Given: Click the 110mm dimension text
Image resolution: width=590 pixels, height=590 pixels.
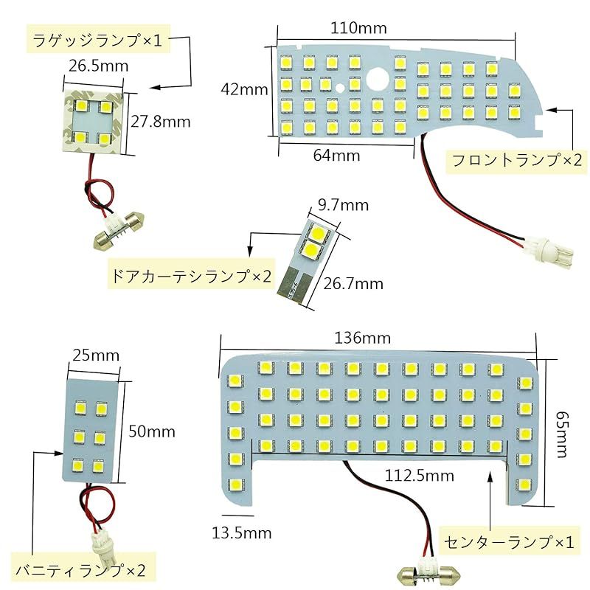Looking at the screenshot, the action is [x=358, y=28].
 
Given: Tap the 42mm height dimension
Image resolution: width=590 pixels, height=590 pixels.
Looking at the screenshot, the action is [x=244, y=89].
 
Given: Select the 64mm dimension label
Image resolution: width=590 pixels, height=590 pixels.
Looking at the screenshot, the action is [x=336, y=156].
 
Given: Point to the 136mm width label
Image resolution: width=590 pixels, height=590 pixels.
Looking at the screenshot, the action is [x=362, y=338].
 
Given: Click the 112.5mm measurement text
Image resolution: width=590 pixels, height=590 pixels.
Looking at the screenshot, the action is [x=419, y=476].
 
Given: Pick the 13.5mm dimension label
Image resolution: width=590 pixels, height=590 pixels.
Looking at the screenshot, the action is [x=242, y=532].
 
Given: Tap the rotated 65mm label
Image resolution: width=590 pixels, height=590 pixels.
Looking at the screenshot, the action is [x=562, y=434].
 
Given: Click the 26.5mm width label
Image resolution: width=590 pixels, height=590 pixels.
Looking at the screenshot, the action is [x=98, y=66].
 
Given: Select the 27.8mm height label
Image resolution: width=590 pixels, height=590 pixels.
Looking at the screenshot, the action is [x=161, y=122].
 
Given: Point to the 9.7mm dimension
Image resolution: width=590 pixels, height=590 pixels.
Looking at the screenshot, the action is [x=343, y=205].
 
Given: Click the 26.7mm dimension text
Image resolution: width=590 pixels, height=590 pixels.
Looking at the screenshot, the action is [x=353, y=284].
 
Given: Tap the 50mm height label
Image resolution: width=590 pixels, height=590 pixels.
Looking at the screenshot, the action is [x=152, y=431].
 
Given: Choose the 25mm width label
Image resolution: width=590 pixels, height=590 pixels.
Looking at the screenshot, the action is [x=96, y=355].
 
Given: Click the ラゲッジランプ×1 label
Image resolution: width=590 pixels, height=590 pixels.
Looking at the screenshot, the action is [x=97, y=40].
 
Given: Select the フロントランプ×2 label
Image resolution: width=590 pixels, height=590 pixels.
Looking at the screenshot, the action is [x=517, y=160].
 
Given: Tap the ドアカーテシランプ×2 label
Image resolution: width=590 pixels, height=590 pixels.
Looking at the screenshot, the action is [x=190, y=277].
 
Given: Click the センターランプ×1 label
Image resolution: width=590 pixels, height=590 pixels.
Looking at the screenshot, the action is [x=509, y=542].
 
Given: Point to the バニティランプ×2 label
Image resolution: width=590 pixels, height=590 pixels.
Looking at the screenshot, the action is [x=80, y=570].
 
